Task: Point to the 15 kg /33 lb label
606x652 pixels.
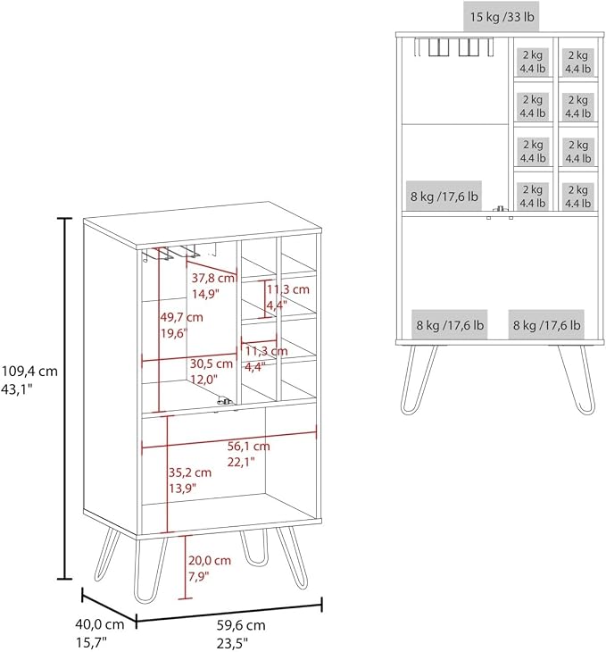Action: click(502, 17)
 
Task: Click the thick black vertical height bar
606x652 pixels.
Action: click(64, 398)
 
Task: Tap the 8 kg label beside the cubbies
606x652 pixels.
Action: click(444, 196)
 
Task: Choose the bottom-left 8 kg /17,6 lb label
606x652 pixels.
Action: click(450, 325)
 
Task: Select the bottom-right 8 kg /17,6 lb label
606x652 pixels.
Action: click(546, 325)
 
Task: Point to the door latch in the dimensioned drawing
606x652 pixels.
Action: click(225, 401)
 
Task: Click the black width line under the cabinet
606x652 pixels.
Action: click(229, 613)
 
